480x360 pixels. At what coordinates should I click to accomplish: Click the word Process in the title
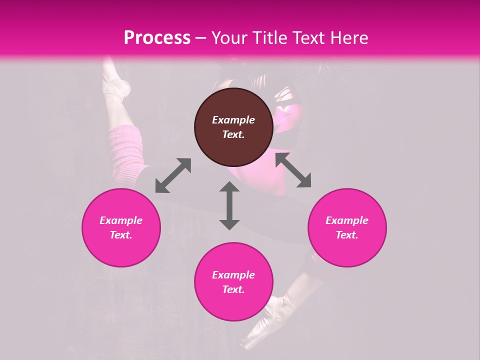click(x=157, y=38)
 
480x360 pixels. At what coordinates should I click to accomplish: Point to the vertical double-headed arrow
click(x=229, y=205)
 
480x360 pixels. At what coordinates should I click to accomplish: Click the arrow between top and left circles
click(x=173, y=175)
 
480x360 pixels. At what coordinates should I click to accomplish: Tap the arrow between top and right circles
click(x=293, y=170)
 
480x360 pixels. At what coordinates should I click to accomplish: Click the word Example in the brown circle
click(x=233, y=120)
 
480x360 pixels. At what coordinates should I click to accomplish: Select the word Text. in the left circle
click(x=121, y=235)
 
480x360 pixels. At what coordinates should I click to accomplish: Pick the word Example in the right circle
click(x=347, y=220)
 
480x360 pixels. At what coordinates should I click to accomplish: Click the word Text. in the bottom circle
click(x=233, y=289)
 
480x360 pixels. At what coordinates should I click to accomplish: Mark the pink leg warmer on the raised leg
click(x=125, y=150)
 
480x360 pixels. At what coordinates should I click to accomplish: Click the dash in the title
click(x=201, y=38)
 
